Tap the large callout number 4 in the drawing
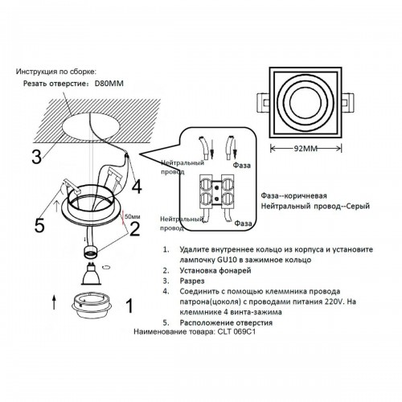pos(136,186)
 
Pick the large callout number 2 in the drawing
pos(135,229)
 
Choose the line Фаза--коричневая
pos(293,195)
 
